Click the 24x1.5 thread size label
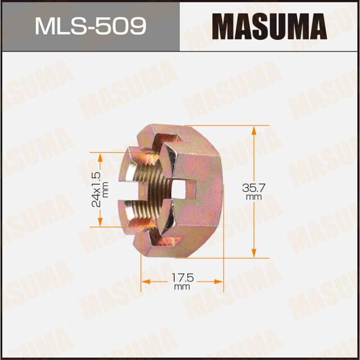click(95, 189)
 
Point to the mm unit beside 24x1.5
click(105, 189)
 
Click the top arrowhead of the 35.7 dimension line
click(254, 130)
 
